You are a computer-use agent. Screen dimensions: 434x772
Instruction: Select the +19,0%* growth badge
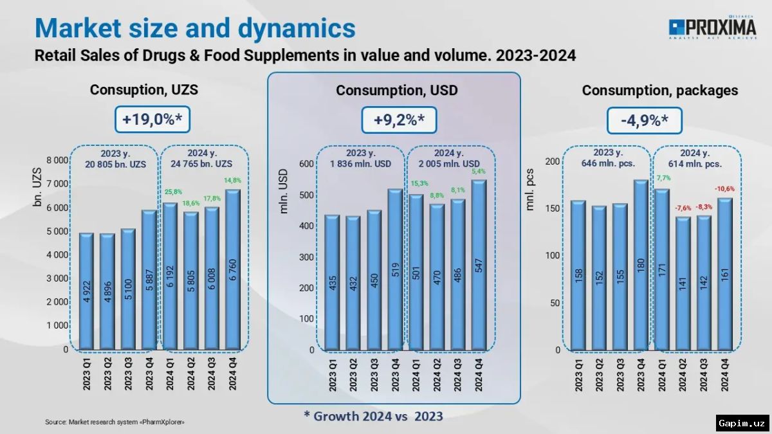(x=153, y=120)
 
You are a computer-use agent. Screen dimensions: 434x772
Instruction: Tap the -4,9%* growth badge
(x=644, y=120)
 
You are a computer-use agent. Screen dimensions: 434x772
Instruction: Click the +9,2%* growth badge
(x=396, y=120)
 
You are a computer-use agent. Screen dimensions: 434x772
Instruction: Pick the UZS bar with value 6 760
(x=232, y=270)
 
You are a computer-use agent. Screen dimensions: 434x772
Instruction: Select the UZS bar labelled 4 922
(x=86, y=291)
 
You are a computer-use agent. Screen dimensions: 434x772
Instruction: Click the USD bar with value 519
(x=395, y=269)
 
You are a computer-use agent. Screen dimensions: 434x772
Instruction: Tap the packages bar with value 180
(x=641, y=265)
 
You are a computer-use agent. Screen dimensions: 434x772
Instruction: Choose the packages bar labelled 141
(x=682, y=284)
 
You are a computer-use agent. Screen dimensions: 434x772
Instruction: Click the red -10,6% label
(x=724, y=189)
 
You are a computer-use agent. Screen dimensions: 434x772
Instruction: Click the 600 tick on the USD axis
(x=305, y=164)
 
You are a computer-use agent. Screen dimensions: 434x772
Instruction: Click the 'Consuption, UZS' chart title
(x=143, y=90)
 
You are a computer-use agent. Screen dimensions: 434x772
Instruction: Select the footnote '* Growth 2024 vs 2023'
(x=373, y=416)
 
